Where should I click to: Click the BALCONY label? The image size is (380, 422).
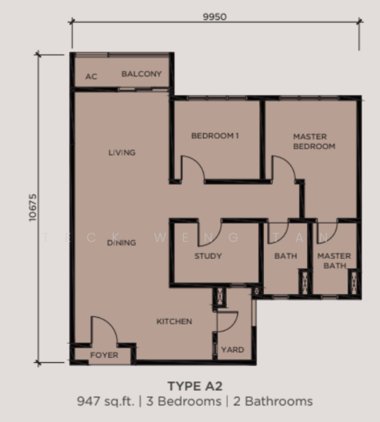tap(142, 74)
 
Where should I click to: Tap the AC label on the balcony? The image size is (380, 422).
tap(91, 77)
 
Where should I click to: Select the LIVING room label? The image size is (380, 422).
tap(122, 153)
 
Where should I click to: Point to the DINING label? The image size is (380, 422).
tap(122, 243)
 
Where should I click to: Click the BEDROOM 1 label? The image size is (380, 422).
tap(215, 136)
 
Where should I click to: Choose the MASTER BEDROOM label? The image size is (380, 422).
tap(314, 141)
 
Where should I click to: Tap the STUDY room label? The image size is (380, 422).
tap(208, 256)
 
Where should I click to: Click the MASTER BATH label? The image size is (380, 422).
tap(334, 260)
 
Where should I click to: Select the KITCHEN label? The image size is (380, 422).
tap(174, 321)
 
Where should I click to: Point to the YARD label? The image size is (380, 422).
tap(232, 350)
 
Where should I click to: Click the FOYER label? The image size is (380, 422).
tap(104, 355)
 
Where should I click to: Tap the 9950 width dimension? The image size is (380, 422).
tap(215, 17)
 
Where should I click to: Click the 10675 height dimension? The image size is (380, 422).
tap(32, 207)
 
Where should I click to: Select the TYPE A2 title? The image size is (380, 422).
tap(195, 386)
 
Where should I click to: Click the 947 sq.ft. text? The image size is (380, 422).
tap(105, 402)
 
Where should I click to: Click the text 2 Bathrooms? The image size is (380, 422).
tap(273, 402)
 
